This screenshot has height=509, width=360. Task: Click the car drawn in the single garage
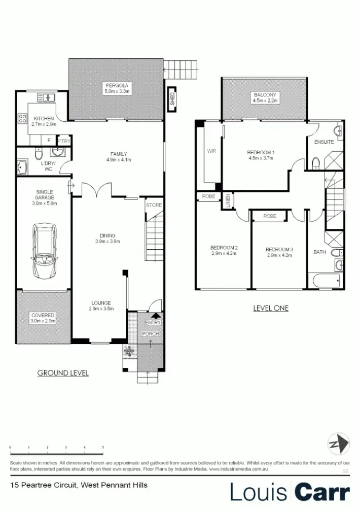44,251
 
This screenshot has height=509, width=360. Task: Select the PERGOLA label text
117,85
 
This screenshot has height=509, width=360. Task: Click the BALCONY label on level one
264,95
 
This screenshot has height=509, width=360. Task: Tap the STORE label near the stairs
154,205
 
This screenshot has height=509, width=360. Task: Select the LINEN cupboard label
229,200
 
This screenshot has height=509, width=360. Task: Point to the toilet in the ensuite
315,163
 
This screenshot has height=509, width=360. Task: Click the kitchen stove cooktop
22,119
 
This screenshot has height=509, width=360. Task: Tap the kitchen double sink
49,97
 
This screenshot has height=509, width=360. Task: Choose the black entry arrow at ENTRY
154,315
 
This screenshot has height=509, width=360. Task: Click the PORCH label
151,333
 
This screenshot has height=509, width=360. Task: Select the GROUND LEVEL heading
63,373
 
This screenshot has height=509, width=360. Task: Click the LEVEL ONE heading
270,308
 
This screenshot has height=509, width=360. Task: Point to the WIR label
211,151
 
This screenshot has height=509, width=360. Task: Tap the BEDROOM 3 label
279,250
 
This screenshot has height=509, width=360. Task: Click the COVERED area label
43,315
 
